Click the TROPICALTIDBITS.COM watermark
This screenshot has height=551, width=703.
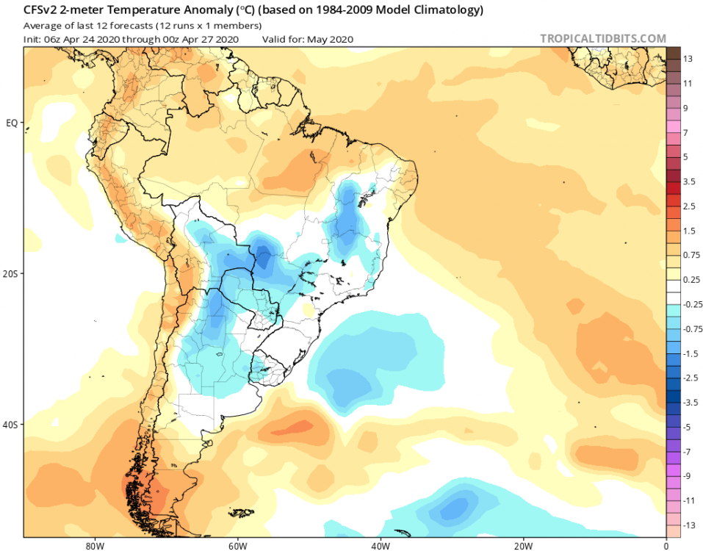coord(603,39)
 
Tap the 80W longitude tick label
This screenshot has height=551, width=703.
coord(93,545)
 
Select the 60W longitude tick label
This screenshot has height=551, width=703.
coord(236,545)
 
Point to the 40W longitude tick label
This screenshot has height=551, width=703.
coord(379,545)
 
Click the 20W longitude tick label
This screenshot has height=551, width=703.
coord(522,545)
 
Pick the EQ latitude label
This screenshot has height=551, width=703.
coord(12,123)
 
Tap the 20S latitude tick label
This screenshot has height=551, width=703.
coord(11,273)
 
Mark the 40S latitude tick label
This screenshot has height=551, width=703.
coord(11,425)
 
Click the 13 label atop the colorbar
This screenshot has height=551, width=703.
coord(688,59)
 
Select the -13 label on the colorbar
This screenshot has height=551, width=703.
coord(691,525)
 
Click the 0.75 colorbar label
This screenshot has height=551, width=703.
coord(692,255)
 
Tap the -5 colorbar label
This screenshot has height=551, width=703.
coord(688,427)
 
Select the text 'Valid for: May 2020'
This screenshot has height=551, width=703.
coord(308,39)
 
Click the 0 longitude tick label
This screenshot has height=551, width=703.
coord(666,545)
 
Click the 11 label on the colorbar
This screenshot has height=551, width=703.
coord(688,83)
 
